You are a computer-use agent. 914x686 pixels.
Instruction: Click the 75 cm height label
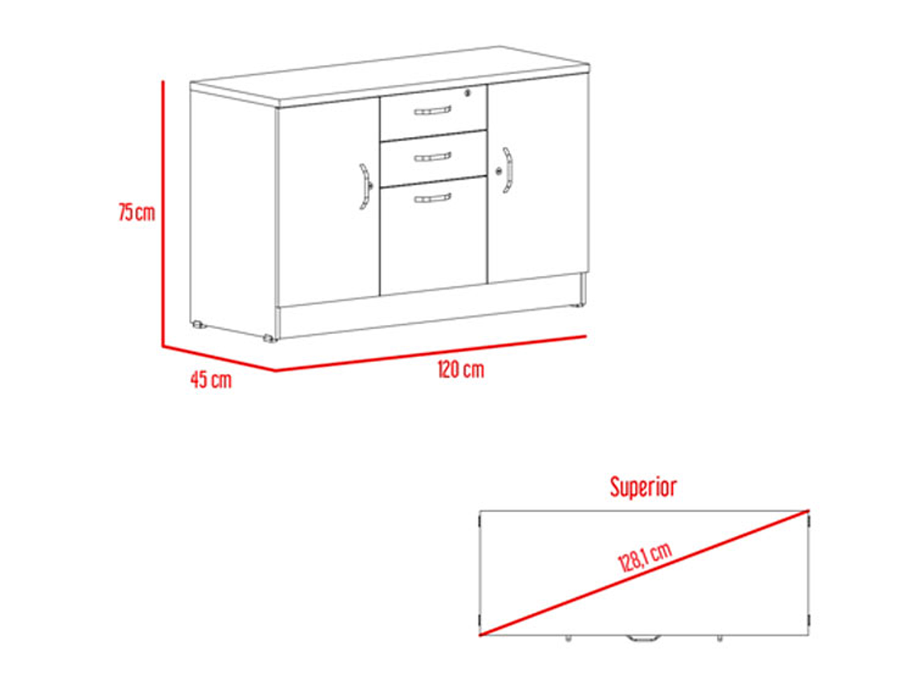click(137, 212)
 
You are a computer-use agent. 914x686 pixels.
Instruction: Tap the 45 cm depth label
click(211, 380)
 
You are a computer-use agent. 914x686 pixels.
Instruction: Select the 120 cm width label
click(460, 369)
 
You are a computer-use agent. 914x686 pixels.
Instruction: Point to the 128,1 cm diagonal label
click(645, 557)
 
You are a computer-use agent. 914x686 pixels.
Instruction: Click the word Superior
click(644, 486)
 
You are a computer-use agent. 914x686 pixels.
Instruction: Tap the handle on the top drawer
click(432, 110)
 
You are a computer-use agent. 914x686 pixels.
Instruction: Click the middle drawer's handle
click(432, 156)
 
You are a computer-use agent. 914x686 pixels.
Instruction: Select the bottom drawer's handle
click(432, 198)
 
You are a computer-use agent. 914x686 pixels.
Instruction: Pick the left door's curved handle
click(364, 186)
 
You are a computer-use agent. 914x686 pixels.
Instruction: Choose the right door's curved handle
click(508, 170)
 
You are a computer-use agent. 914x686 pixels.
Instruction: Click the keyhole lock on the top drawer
click(467, 92)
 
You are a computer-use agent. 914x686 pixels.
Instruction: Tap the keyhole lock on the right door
click(499, 171)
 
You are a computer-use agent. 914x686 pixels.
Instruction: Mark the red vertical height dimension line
click(164, 213)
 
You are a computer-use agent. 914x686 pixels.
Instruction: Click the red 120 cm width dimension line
click(431, 353)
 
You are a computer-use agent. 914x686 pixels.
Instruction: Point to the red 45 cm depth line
click(219, 358)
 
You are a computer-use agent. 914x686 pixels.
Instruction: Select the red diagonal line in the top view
click(645, 573)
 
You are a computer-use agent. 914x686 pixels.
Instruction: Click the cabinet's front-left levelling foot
click(269, 338)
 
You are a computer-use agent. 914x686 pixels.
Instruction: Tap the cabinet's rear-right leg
click(582, 289)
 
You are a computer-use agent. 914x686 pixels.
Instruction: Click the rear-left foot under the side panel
click(199, 324)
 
